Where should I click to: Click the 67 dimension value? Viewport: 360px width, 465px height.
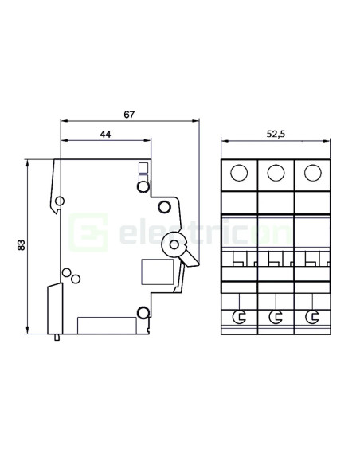coord(130,115)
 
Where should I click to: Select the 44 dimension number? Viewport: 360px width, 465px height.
coord(105,135)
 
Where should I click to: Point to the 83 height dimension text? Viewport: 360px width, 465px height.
coord(22,246)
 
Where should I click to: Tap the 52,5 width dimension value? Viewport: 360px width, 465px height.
coord(275,135)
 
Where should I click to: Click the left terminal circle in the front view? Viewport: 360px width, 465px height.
coord(238,172)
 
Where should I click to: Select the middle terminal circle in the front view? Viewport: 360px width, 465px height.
coord(276,172)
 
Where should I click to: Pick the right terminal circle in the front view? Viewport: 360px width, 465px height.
coord(313,172)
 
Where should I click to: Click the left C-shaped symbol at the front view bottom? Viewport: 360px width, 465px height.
coord(238,318)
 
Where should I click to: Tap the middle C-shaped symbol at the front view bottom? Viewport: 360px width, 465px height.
coord(276,318)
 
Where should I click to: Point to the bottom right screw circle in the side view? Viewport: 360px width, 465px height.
coord(143,311)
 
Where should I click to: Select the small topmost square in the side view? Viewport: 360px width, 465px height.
coord(143,166)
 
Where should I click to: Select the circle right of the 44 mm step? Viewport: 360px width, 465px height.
coord(164,208)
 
